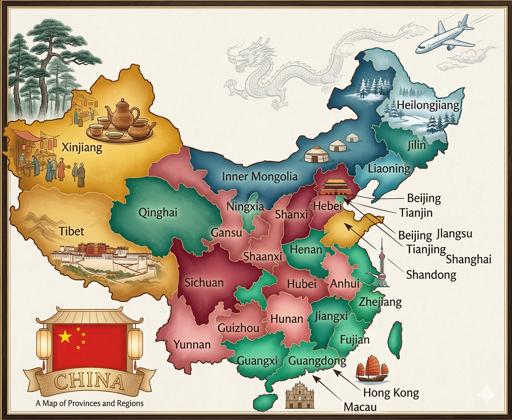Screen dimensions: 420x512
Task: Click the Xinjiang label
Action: tap(82, 148)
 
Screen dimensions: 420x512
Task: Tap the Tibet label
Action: tap(71, 231)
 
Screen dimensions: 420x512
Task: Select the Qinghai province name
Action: tap(158, 213)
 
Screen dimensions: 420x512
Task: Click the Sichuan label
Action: tap(204, 282)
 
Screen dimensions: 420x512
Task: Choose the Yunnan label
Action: tap(192, 344)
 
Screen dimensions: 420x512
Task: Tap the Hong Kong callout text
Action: tap(391, 392)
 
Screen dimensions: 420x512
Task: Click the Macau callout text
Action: tap(360, 407)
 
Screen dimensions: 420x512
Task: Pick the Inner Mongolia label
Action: tap(260, 177)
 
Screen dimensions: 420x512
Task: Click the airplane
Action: tap(443, 36)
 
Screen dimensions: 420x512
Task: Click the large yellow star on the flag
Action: tap(65, 336)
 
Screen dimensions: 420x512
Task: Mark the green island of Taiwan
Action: tap(396, 339)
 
